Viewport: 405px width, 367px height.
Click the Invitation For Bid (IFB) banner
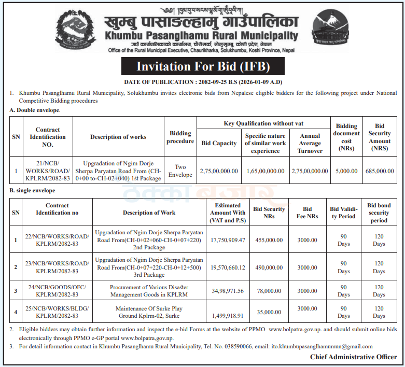tap(203, 66)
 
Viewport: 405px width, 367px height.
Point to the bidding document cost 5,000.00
tap(346, 171)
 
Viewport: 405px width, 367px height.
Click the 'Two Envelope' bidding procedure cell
tap(180, 171)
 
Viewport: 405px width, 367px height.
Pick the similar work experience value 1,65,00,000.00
tap(265, 171)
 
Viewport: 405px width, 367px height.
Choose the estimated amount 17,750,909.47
tap(228, 240)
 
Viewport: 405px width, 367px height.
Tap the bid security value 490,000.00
tap(269, 267)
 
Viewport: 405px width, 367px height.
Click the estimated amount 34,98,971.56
tap(228, 291)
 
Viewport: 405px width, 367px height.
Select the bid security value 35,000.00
tap(269, 312)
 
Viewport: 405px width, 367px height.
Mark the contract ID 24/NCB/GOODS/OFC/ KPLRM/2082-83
tap(57, 291)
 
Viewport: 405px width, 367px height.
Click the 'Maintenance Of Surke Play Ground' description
tap(149, 312)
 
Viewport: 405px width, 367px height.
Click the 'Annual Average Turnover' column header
tap(310, 144)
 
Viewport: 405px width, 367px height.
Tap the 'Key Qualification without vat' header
tap(264, 123)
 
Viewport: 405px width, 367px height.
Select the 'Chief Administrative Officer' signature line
tap(354, 357)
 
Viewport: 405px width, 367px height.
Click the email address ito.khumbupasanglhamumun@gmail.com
tap(322, 346)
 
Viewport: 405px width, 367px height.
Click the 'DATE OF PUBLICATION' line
tap(202, 82)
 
